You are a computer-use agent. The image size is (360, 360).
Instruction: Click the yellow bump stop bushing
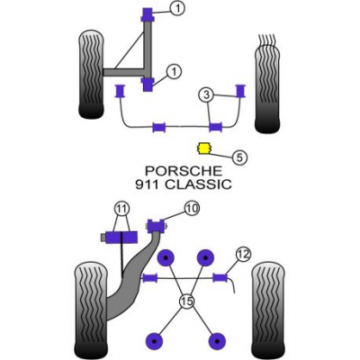point(203,148)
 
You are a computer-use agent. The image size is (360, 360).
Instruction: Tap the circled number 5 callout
point(239,157)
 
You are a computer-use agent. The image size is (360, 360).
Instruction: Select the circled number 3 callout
point(206,95)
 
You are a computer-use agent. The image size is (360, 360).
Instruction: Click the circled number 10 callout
point(192,208)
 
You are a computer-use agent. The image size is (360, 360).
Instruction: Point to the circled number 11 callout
point(121,208)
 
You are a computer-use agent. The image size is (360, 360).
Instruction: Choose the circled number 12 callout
point(243,255)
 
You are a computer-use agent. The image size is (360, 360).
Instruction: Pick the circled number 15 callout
point(186,301)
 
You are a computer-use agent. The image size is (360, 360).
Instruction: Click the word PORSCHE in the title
point(184,171)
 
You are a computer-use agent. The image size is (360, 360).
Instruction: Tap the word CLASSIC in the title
point(198,184)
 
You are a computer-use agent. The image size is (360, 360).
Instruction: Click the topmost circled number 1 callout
point(178,9)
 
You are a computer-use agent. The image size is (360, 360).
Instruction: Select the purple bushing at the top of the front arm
point(148,14)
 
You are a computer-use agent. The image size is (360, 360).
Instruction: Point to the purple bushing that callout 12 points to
point(220,278)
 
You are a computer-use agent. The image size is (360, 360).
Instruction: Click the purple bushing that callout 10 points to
point(157,226)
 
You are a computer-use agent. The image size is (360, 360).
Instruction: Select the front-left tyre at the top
point(92,75)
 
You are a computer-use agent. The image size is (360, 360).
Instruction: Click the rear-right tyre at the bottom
point(268,310)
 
